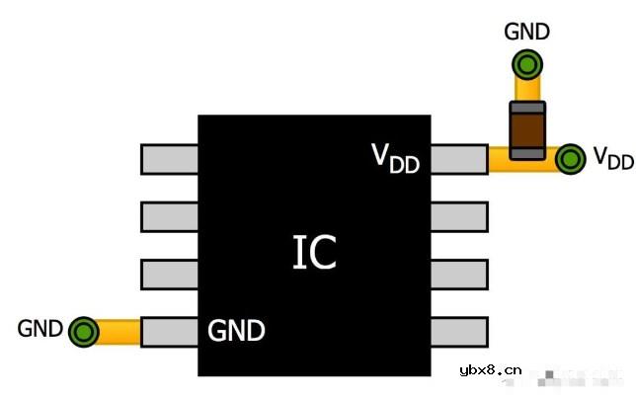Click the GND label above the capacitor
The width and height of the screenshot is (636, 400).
527,31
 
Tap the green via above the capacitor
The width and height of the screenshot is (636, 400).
527,66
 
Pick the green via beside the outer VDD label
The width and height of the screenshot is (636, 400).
570,159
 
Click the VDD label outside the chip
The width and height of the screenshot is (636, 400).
612,159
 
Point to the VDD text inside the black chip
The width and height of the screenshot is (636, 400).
395,158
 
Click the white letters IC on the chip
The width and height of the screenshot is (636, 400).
314,253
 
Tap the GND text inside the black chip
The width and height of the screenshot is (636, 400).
236,331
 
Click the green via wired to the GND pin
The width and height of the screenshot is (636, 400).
85,332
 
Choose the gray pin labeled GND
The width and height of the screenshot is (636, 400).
170,332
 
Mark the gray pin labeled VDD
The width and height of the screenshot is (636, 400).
458,159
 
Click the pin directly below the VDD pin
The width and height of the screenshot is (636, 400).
458,216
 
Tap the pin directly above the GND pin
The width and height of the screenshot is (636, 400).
170,274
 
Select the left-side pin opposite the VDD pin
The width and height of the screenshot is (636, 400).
170,159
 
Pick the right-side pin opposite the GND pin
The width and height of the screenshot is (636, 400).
458,332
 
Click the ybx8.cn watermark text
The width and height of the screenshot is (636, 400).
490,371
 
